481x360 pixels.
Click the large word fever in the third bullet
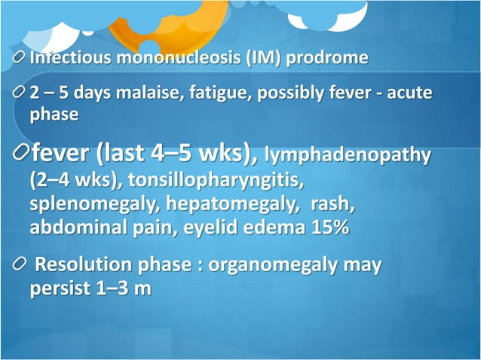62,154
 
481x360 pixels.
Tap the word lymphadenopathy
348,157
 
